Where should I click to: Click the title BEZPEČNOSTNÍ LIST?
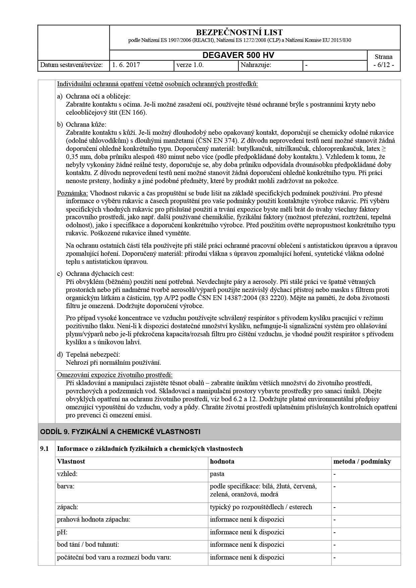239,33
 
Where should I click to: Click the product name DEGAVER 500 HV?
238,55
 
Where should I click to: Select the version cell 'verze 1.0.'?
190,65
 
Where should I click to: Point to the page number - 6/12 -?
383,65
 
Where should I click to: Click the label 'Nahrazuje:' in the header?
256,65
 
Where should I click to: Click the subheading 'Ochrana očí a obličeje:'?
98,96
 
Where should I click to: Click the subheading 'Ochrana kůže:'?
86,124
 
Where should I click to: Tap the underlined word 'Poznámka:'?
72,193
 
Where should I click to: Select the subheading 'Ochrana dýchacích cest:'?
100,274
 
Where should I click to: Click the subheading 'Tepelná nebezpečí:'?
93,354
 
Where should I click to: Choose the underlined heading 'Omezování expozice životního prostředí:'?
115,374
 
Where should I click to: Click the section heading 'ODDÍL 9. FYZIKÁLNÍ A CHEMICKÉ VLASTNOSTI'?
120,431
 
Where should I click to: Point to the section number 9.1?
45,449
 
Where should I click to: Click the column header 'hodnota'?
222,461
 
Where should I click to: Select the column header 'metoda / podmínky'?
362,461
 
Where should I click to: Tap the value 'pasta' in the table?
217,474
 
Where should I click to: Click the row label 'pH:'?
62,532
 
